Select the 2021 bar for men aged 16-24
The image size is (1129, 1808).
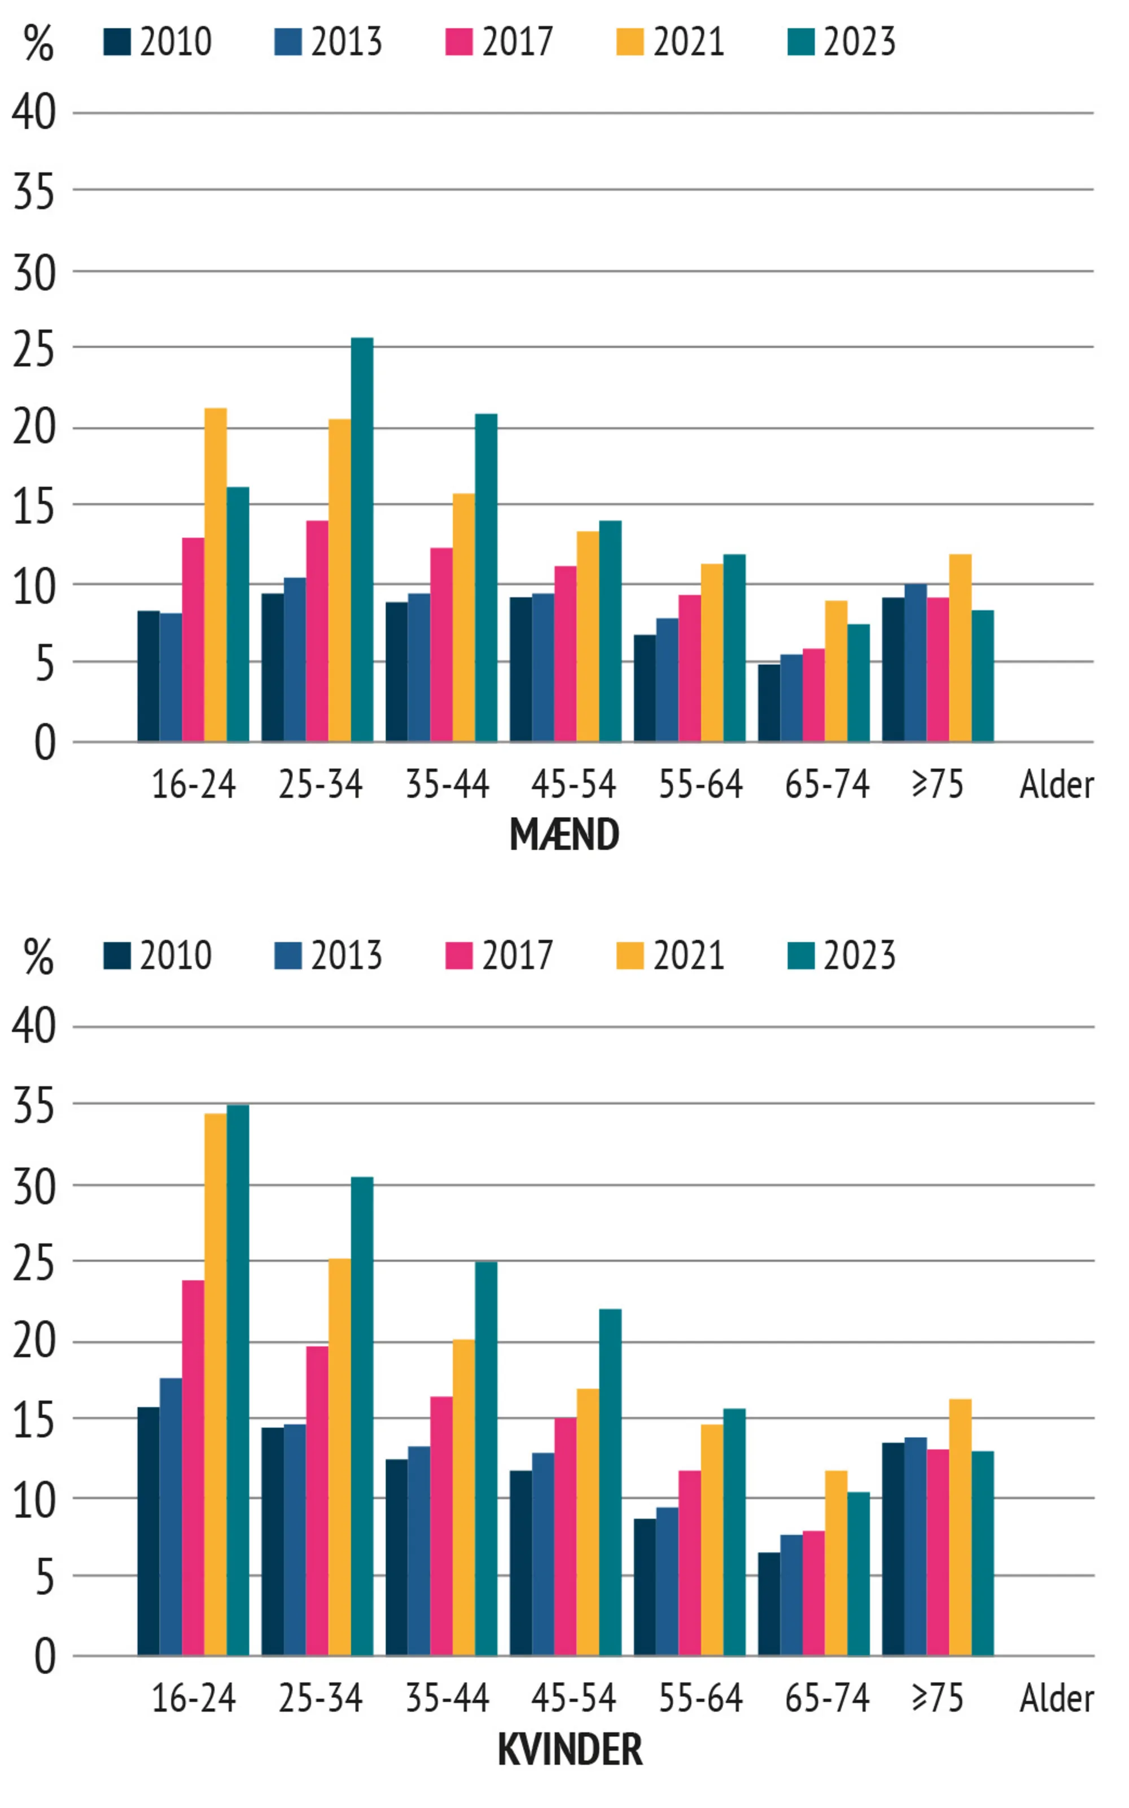pos(215,575)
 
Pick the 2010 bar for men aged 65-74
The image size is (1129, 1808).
pos(768,703)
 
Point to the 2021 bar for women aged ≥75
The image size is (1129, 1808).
pos(960,1528)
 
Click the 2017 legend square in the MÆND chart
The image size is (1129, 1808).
pos(458,42)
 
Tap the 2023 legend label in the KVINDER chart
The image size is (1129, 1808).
pos(859,956)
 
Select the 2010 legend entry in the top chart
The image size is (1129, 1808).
pos(158,42)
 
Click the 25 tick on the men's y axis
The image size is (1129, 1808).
pos(34,349)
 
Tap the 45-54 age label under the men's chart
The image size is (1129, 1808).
pos(574,785)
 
